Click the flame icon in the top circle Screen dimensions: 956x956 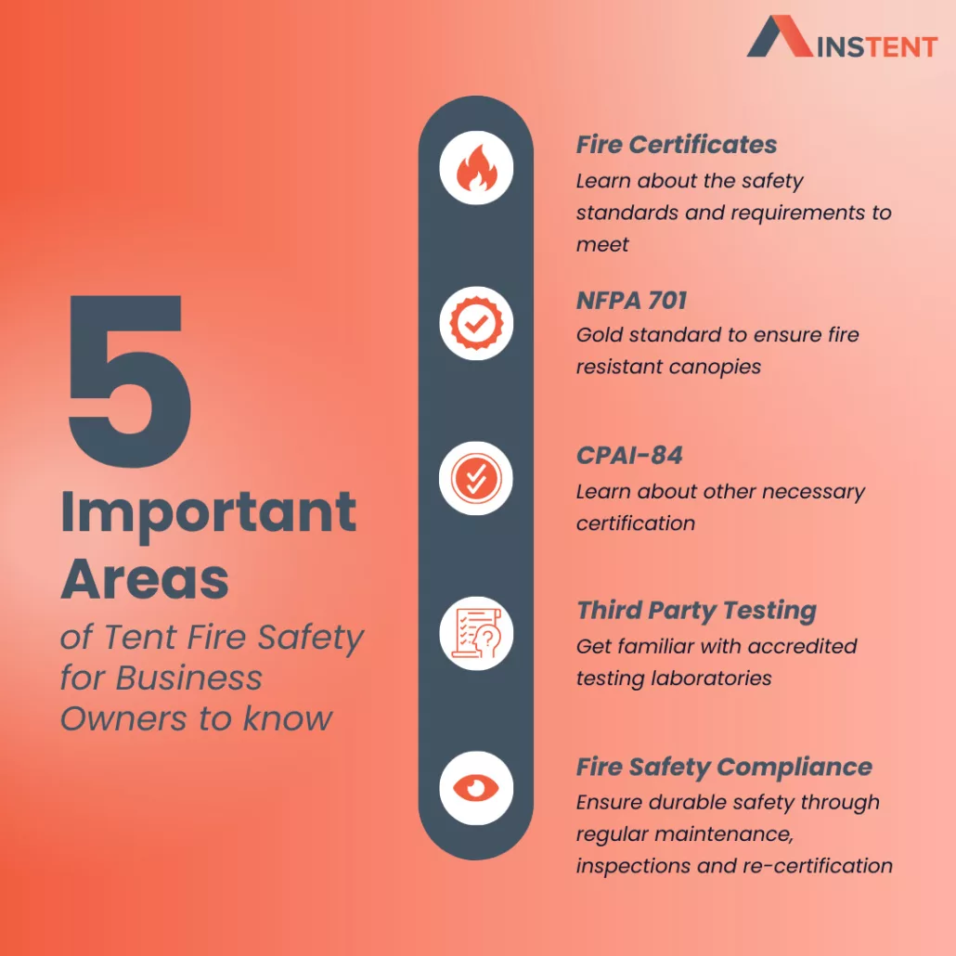pyautogui.click(x=476, y=168)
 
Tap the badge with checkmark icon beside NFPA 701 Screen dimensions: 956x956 pyautogui.click(x=476, y=323)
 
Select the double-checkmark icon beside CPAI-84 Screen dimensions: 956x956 pyautogui.click(x=476, y=479)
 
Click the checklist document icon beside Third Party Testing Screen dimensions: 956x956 pyautogui.click(x=476, y=634)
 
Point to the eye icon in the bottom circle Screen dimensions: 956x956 pyautogui.click(x=476, y=788)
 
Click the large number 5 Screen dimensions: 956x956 pyautogui.click(x=129, y=381)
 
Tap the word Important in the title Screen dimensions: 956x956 pyautogui.click(x=209, y=514)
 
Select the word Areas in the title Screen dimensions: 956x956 pyautogui.click(x=145, y=579)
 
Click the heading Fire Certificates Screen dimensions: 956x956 pyautogui.click(x=677, y=145)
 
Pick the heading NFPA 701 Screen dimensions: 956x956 pyautogui.click(x=632, y=301)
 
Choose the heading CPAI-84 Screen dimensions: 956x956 pyautogui.click(x=629, y=456)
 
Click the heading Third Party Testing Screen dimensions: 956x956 pyautogui.click(x=696, y=612)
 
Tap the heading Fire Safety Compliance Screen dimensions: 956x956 pyautogui.click(x=724, y=768)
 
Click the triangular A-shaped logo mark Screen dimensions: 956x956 pyautogui.click(x=780, y=36)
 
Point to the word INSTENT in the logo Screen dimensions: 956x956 pyautogui.click(x=877, y=47)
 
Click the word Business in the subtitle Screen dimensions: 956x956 pyautogui.click(x=189, y=678)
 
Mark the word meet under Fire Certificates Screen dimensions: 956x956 pyautogui.click(x=602, y=244)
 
